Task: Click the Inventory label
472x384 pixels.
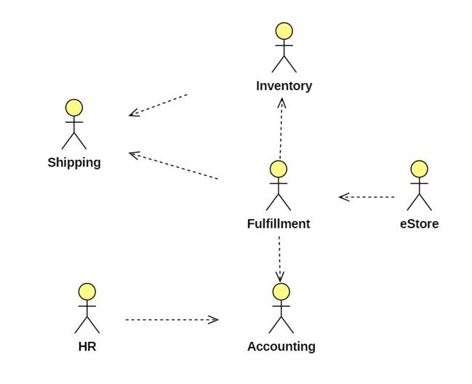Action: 284,86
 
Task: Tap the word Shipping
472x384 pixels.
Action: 74,162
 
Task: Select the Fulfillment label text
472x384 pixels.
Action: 279,223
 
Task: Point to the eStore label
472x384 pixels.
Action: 419,223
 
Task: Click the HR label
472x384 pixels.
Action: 87,346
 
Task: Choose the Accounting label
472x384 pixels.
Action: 281,346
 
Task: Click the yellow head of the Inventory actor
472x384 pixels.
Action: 284,31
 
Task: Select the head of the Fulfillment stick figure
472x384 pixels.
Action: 279,169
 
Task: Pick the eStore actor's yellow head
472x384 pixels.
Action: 419,169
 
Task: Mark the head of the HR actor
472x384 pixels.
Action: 87,292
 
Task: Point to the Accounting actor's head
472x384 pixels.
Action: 281,292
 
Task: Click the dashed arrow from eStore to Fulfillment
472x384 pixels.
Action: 367,196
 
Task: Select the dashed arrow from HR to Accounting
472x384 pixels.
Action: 171,319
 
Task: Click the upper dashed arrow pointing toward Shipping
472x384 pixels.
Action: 159,104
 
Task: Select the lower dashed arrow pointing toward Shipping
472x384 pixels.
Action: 174,165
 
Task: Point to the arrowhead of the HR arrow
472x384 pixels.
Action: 213,319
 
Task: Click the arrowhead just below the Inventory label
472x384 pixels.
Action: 282,104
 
